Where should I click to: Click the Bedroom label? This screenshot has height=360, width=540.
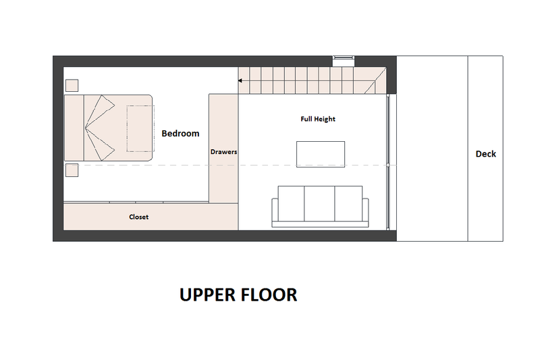180,134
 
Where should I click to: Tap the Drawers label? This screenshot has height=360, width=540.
223,152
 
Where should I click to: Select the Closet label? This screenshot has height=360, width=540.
138,217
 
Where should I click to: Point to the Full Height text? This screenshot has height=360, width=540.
318,119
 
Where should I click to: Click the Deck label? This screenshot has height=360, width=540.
485,154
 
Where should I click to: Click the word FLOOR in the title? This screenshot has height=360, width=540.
271,295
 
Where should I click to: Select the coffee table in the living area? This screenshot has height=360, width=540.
321,154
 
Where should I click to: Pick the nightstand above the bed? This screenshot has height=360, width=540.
72,86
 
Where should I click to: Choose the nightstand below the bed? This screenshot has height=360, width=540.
72,170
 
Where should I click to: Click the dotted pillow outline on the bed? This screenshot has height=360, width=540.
139,129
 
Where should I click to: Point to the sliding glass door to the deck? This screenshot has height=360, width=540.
388,164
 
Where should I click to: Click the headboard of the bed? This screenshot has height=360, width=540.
74,128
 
